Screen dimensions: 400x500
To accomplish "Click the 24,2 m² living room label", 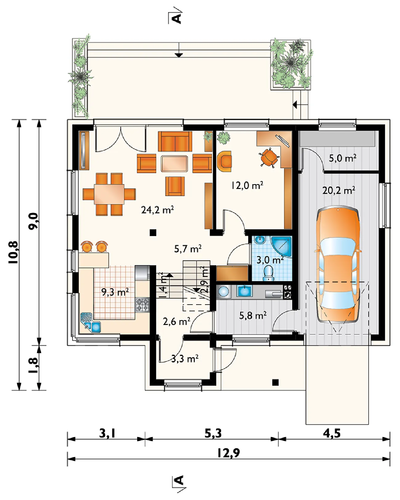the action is pos(157,210).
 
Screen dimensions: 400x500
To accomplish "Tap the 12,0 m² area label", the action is pos(247,186).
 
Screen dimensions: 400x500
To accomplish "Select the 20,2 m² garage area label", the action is pos(339,190).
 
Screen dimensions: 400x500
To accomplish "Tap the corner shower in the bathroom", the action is pos(282,246).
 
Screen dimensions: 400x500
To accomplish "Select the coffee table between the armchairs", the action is pos(174,164).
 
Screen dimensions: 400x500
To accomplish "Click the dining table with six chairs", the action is pos(109,194).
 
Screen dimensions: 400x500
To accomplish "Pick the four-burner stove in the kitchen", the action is pos(142,305).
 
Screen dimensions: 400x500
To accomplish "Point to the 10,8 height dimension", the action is pos(13,252).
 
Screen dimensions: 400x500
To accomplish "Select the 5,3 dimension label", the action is pos(213,433).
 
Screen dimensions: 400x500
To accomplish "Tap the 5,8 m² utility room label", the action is pos(253,315).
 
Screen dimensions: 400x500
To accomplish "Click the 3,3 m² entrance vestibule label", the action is pos(185,359).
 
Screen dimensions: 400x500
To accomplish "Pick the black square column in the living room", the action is pos(153,233).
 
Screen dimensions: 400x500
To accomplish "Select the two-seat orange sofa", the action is pos(175,142).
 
